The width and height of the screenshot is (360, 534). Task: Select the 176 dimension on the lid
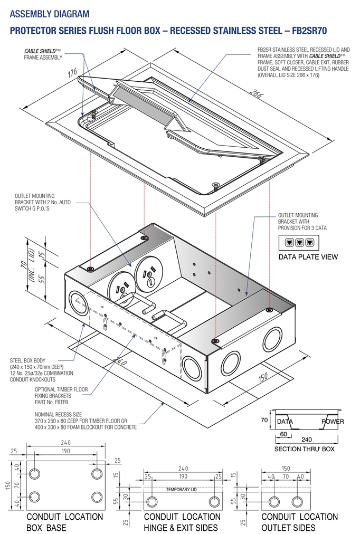pos(72,73)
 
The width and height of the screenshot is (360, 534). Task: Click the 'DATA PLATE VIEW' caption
pos(308,257)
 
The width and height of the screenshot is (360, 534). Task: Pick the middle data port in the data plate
pos(299,243)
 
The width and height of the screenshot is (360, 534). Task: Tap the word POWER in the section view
pos(333,422)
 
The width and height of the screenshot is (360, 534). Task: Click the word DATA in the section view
pos(285,422)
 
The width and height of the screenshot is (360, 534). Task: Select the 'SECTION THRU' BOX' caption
pos(305,449)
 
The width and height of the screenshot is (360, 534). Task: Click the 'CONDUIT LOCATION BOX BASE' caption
pos(64,522)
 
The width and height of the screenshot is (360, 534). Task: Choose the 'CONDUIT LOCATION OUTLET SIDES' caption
pos(299,522)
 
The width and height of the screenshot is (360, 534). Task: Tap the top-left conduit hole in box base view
pos(35,473)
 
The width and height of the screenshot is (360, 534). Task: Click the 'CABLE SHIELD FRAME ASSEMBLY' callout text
pos(43,54)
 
